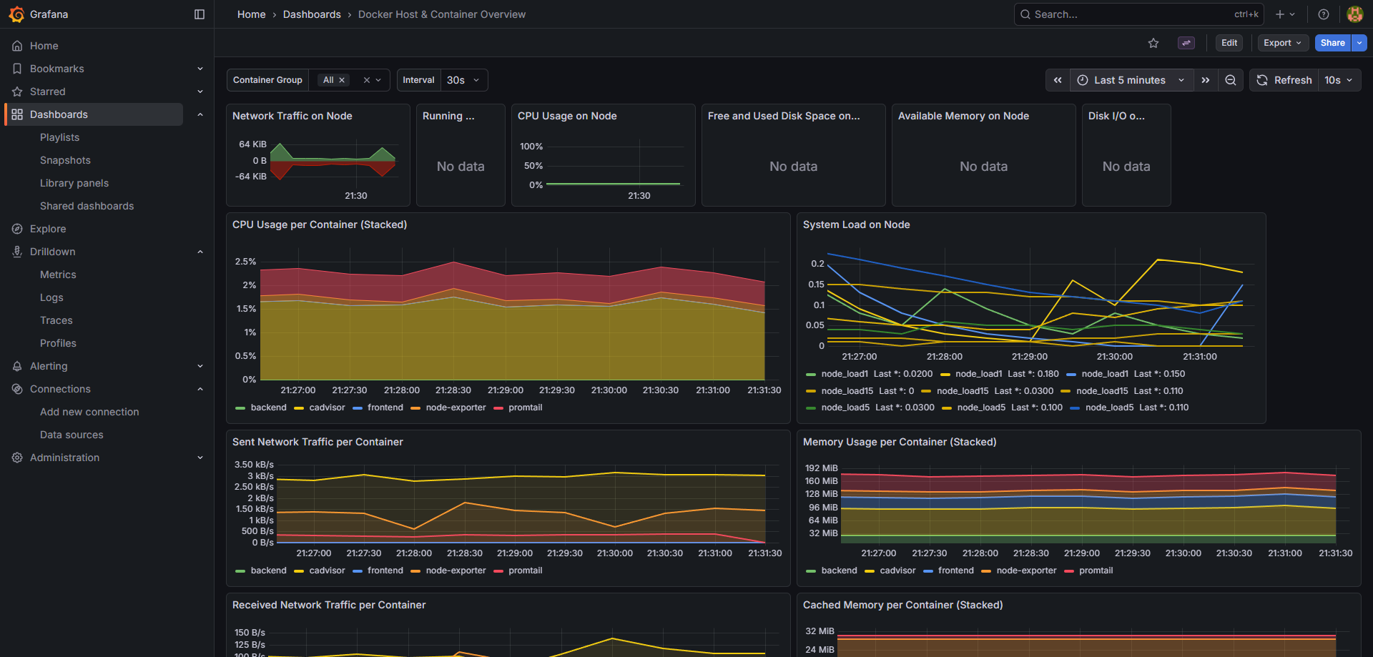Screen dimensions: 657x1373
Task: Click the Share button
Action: coord(1332,43)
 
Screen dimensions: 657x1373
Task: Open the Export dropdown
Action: coord(1282,43)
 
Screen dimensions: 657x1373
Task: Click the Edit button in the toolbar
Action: coord(1229,43)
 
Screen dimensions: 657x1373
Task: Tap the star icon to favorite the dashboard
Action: coord(1153,43)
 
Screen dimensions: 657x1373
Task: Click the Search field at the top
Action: coord(1130,14)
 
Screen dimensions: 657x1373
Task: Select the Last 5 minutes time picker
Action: coord(1130,80)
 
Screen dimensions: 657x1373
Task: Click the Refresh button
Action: coord(1285,80)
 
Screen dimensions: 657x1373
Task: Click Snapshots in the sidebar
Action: coord(65,160)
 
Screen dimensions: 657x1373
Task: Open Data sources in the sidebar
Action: coord(72,435)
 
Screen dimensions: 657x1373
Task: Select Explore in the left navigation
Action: coord(48,229)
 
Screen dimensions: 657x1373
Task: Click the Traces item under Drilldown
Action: coord(56,320)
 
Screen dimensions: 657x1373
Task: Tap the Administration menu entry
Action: coord(64,458)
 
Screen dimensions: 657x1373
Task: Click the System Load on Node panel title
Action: coord(856,224)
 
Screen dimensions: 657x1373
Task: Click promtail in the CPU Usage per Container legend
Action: coord(525,407)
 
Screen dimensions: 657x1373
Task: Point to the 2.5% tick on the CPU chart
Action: coord(245,262)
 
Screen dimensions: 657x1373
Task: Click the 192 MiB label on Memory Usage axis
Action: coord(821,468)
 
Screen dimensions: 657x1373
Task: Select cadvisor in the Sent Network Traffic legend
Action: coord(327,570)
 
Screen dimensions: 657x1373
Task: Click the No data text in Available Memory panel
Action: coord(983,167)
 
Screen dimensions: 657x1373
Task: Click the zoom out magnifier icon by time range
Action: coord(1230,80)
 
